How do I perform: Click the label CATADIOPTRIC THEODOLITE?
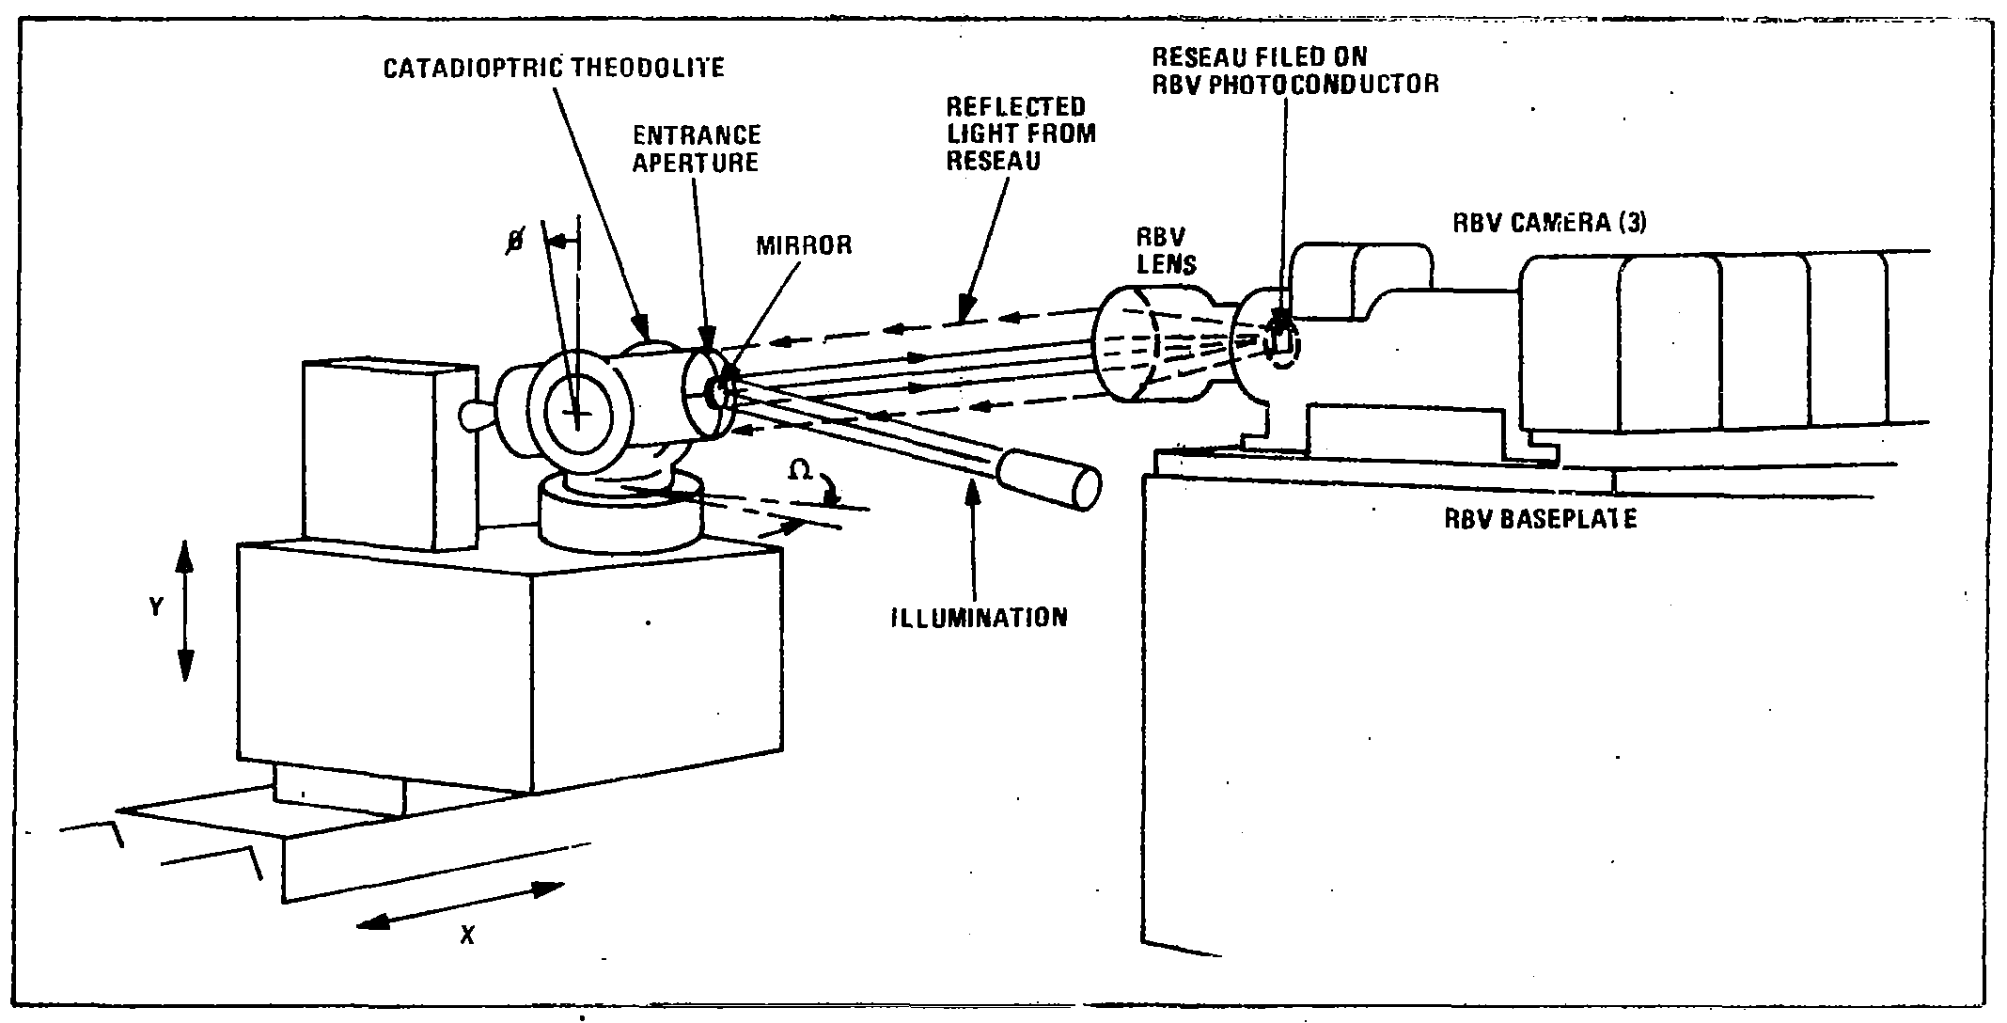click(554, 69)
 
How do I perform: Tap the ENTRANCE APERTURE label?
click(696, 149)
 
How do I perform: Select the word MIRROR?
click(804, 245)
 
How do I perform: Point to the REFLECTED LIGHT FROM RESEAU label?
click(1021, 134)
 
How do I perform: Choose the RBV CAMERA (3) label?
click(1549, 224)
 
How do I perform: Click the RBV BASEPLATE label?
click(1540, 519)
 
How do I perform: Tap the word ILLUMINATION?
click(980, 617)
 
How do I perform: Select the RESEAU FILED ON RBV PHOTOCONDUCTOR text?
click(1294, 71)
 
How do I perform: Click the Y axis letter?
click(156, 608)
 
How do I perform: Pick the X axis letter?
click(466, 936)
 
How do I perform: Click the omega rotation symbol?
click(800, 471)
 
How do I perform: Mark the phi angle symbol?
click(516, 241)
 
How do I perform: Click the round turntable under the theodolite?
click(621, 515)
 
